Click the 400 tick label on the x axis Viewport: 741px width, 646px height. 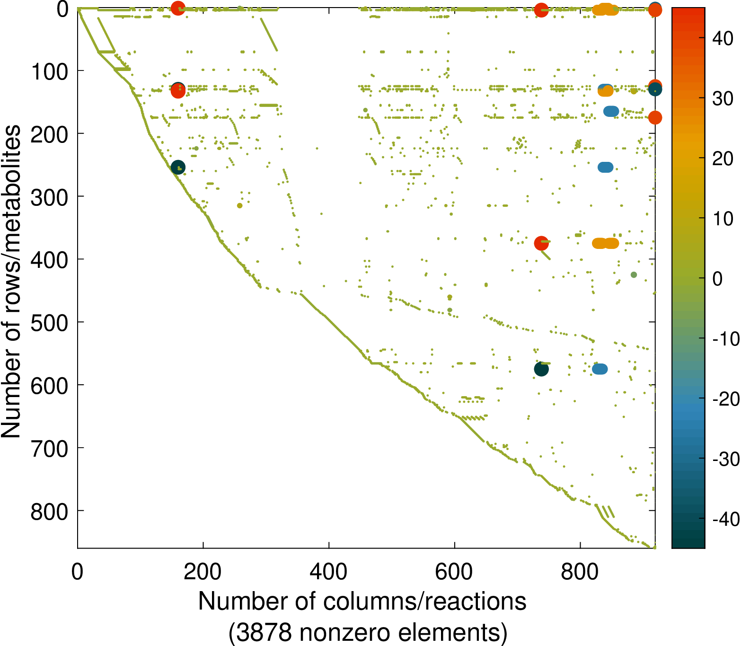coord(328,572)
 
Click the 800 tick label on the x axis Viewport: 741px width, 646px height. coord(580,572)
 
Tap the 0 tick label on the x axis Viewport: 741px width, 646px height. coord(77,572)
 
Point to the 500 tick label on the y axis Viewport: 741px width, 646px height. coord(49,322)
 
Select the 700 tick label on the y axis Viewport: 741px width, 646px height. coord(49,448)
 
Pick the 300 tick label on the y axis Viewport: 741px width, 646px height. coord(49,196)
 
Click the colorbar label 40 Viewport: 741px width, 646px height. coord(723,39)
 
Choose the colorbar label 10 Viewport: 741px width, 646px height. coord(723,219)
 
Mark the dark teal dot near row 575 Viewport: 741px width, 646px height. coord(541,369)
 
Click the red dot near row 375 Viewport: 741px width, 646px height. coord(541,243)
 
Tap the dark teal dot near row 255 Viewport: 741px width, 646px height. coord(177,168)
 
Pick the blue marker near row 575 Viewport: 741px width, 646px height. coord(600,369)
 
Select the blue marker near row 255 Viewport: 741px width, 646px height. coord(606,168)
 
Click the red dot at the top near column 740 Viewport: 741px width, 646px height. coord(541,10)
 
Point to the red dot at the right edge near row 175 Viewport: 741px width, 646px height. coord(655,118)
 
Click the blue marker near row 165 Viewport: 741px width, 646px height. coord(611,112)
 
